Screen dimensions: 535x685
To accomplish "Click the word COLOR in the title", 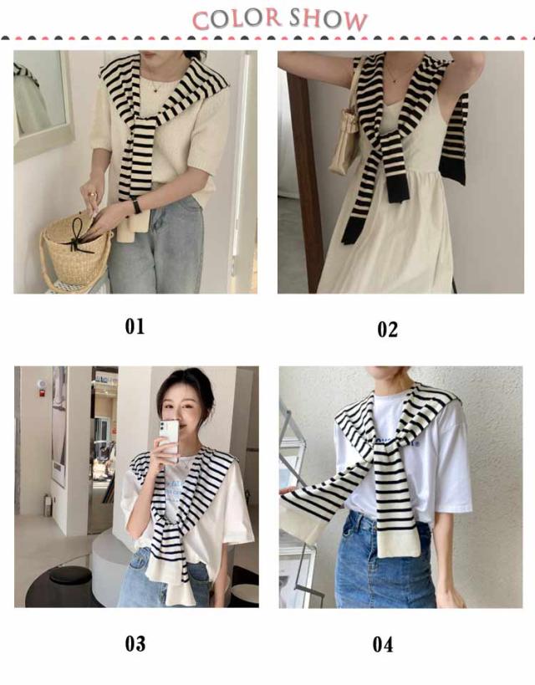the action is [x=237, y=19].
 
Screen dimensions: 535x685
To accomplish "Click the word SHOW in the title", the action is [x=329, y=19].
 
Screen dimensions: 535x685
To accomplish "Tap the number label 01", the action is [x=135, y=326].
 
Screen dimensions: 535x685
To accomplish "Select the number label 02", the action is [x=387, y=330].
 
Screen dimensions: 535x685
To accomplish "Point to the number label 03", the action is [x=135, y=644].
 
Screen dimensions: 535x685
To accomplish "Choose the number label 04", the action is [x=383, y=645].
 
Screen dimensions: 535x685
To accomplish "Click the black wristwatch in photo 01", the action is [x=137, y=205].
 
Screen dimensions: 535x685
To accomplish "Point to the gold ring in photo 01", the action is [x=92, y=193].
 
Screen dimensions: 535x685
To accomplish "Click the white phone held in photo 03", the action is [x=169, y=438].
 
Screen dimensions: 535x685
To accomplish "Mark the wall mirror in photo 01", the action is [x=41, y=103].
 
